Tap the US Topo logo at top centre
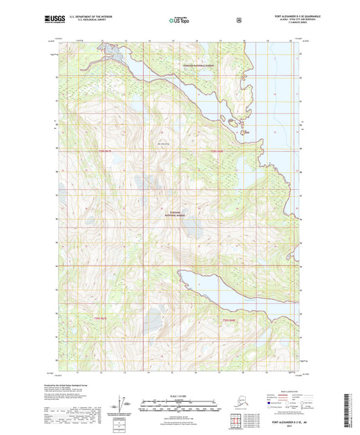point(179,20)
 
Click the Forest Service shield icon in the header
point(238,20)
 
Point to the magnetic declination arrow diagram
point(122,407)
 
